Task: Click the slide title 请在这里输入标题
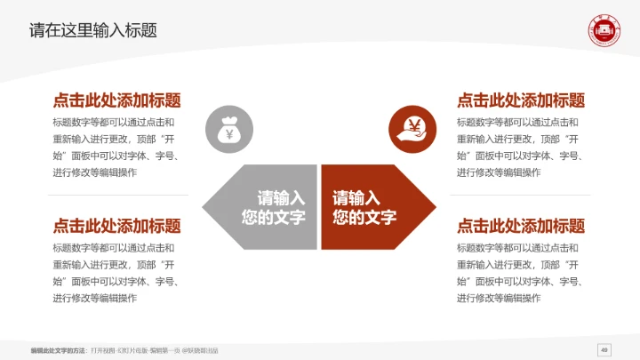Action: [93, 30]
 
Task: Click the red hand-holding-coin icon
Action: [412, 129]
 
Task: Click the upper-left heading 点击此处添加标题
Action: [116, 100]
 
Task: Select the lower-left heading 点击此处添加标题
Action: [116, 226]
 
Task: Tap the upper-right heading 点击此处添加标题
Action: [521, 100]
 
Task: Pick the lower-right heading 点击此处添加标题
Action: [521, 226]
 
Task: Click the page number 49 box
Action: [604, 349]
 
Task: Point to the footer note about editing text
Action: [124, 350]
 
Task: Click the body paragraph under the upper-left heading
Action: [116, 147]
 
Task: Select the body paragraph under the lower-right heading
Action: [521, 273]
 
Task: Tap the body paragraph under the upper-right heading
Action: [521, 147]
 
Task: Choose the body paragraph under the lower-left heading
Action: [116, 273]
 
